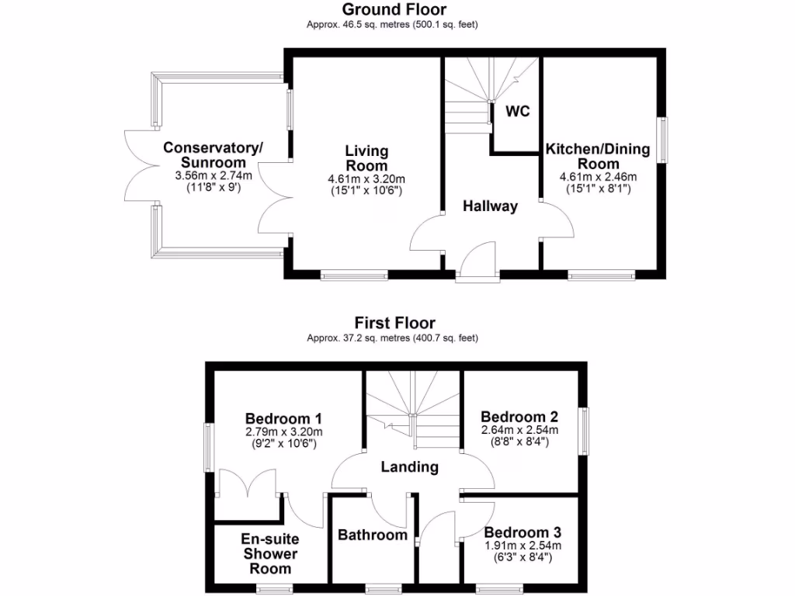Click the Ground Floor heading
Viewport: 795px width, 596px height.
(x=395, y=9)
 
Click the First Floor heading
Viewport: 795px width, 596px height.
(x=395, y=322)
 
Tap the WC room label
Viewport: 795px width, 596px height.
(x=518, y=111)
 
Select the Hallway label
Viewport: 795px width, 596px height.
(x=490, y=206)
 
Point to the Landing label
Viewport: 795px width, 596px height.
(x=409, y=467)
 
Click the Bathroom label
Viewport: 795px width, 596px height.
(x=373, y=535)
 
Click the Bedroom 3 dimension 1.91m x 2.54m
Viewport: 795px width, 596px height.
(x=522, y=546)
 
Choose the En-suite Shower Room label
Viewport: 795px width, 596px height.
(x=269, y=553)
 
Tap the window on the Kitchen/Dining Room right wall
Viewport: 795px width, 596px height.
(x=664, y=140)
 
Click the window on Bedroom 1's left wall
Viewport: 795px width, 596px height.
(x=207, y=446)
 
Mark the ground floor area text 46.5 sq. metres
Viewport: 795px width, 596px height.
(x=392, y=25)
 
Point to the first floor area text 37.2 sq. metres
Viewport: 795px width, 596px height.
(x=392, y=338)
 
